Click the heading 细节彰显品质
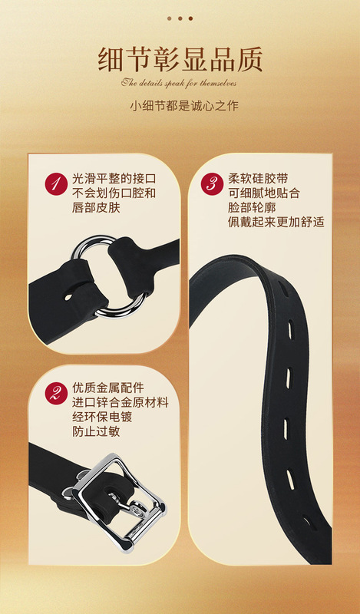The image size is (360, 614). coord(180,58)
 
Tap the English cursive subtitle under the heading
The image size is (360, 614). coord(179,83)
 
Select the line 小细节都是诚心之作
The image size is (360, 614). coord(180,105)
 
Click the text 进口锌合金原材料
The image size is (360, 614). coord(120,402)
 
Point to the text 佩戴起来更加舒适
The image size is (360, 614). coord(276,223)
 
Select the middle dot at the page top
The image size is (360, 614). coord(180,18)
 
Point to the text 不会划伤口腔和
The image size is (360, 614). coord(114,193)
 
